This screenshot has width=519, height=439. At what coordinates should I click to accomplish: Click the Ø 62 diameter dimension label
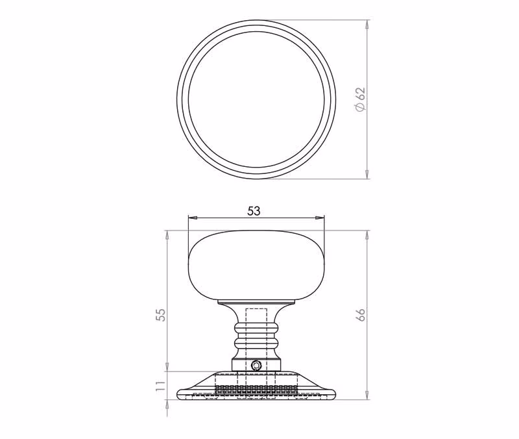coord(360,99)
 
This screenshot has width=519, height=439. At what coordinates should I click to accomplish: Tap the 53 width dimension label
coord(254,210)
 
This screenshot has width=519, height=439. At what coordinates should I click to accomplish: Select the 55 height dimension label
coord(160,315)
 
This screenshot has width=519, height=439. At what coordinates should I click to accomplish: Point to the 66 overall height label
coord(361,314)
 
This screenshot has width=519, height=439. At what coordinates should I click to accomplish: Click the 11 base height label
coord(160,385)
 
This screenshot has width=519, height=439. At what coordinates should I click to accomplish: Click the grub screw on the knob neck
coord(256,366)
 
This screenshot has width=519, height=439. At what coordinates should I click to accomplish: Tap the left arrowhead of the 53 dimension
coord(192,218)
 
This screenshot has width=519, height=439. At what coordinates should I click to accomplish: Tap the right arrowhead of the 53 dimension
coord(320,218)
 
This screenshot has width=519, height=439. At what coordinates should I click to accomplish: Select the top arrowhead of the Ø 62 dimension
coord(367,25)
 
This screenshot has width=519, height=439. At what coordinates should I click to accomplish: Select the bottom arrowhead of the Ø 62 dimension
coord(367,174)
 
